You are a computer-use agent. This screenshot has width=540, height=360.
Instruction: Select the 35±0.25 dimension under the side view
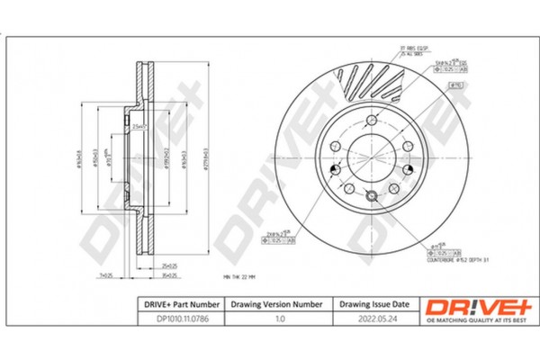(x=166, y=275)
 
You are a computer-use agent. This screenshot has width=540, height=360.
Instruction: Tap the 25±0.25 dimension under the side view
(x=166, y=266)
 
